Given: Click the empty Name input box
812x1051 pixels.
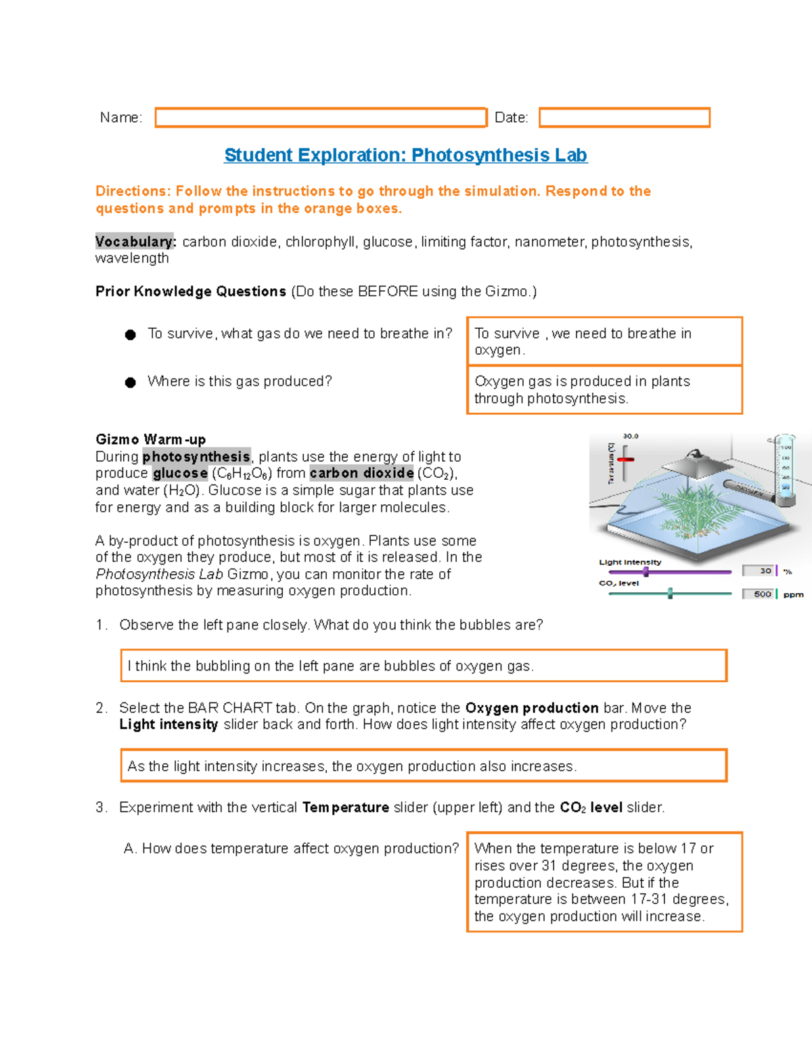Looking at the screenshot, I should tap(321, 118).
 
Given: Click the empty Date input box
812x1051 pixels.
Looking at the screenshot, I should tap(624, 118).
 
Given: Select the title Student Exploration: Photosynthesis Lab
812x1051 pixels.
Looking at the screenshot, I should tap(405, 155).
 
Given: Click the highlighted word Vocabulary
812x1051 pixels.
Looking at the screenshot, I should tap(135, 242).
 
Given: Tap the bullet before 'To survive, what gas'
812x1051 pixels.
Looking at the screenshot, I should tap(131, 335).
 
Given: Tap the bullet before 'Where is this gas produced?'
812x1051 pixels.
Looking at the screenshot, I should tap(131, 382).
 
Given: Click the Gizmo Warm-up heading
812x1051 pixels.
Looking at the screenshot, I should tap(150, 439).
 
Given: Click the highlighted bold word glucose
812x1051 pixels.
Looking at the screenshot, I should tap(180, 473).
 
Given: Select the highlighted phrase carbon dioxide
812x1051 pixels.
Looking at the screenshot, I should tap(361, 473).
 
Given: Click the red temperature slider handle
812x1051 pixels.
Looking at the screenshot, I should tap(625, 460).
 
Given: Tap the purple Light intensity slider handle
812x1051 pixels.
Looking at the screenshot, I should tap(646, 572).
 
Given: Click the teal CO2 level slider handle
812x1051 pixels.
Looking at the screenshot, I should tap(670, 594).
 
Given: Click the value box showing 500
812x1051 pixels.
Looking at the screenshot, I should tap(759, 594).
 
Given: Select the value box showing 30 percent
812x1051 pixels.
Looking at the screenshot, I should tap(761, 571).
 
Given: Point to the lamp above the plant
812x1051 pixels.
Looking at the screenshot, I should tap(692, 464).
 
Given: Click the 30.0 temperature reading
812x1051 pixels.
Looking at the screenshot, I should tap(630, 437).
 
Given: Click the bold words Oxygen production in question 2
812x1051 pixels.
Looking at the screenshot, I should tap(531, 708).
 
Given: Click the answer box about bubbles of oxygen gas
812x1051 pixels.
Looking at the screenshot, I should tap(424, 666).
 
